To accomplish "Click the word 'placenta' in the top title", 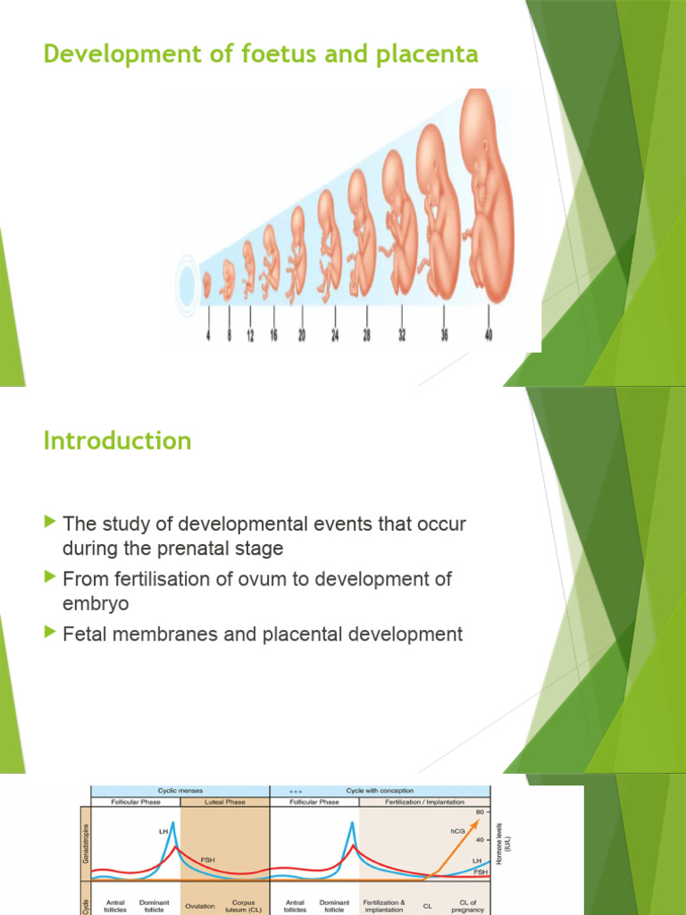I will point(431,55).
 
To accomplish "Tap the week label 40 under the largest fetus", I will point(488,335).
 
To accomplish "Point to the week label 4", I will point(208,335).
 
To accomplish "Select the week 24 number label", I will point(334,335).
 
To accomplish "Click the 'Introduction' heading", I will point(117,441).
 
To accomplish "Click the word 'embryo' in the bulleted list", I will point(96,603).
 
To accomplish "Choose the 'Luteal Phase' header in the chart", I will point(224,802).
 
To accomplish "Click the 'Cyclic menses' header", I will point(180,791).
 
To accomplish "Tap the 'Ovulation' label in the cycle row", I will point(199,906).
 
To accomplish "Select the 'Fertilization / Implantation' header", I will point(425,802).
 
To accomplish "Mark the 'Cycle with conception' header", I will point(381,791).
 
